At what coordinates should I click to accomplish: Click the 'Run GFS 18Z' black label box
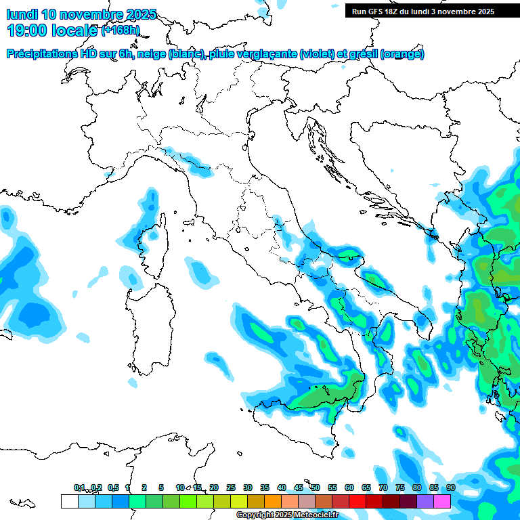[422, 12]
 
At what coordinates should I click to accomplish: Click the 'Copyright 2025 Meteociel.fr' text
[286, 515]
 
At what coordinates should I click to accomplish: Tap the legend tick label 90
[450, 487]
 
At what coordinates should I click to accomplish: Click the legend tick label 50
[315, 487]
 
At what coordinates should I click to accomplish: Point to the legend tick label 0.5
[113, 487]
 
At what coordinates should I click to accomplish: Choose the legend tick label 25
[230, 487]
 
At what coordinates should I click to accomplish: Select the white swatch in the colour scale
[69, 501]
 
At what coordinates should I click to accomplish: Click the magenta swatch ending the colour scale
[442, 501]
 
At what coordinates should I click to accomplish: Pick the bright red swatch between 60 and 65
[357, 501]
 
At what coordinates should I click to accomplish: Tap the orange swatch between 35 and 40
[272, 501]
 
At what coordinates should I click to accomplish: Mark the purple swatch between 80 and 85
[425, 501]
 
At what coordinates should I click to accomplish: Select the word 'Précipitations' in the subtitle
[42, 54]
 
